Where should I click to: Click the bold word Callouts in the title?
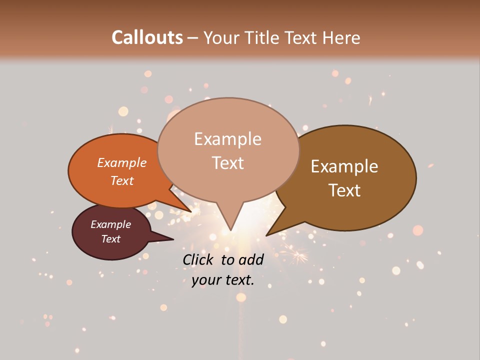pyautogui.click(x=147, y=37)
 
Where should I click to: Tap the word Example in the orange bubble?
pyautogui.click(x=122, y=162)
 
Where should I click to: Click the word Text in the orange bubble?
pyautogui.click(x=122, y=180)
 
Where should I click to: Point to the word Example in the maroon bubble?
pyautogui.click(x=111, y=224)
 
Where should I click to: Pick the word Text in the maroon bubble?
pyautogui.click(x=111, y=239)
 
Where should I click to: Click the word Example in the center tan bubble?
pyautogui.click(x=228, y=139)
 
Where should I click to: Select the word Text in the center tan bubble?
pyautogui.click(x=228, y=162)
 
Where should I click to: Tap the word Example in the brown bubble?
pyautogui.click(x=344, y=166)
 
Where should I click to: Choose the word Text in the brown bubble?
pyautogui.click(x=344, y=190)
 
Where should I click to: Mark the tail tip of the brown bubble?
pyautogui.click(x=268, y=234)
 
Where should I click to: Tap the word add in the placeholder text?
pyautogui.click(x=251, y=259)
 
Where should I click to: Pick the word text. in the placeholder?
pyautogui.click(x=239, y=280)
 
